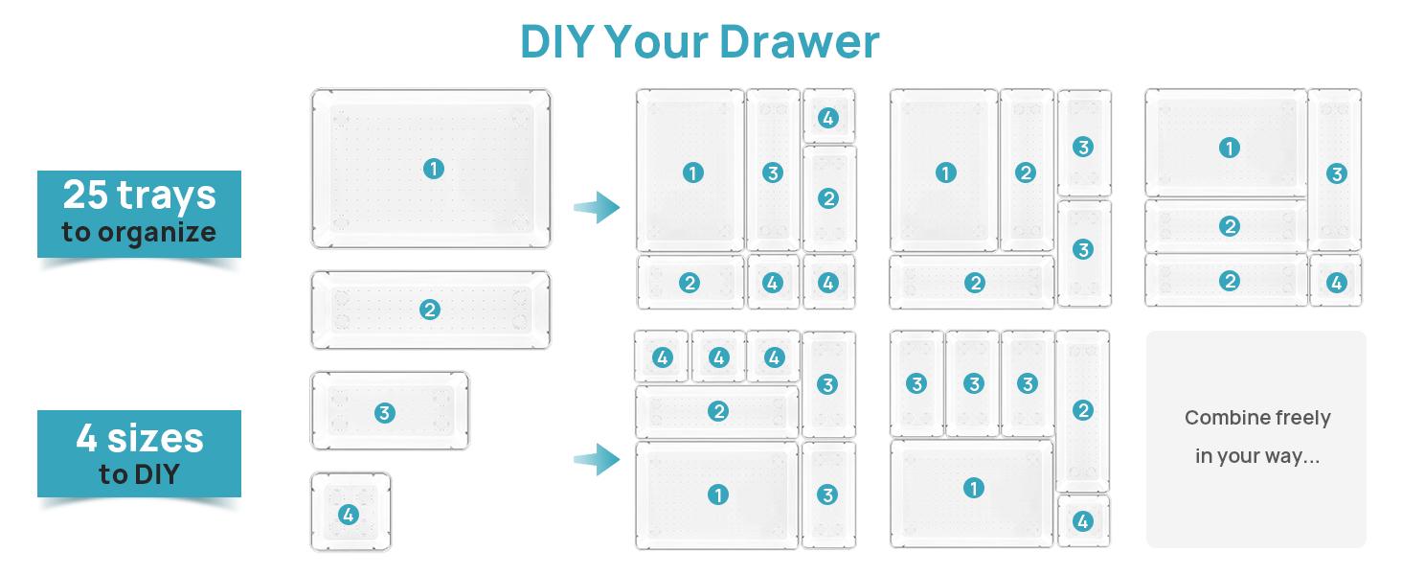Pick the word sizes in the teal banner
157,439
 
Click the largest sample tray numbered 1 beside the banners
431,169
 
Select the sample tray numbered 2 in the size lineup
430,310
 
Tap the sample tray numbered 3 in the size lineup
389,412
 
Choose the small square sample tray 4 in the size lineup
350,513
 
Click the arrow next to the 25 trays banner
597,206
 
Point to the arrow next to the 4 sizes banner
597,459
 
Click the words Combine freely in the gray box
1256,418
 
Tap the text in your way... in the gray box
1256,456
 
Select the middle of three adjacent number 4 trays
718,357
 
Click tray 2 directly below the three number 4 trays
717,412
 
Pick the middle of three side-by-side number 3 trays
973,383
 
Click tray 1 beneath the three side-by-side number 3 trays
972,489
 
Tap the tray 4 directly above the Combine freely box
1335,282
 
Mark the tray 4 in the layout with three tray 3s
1083,520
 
